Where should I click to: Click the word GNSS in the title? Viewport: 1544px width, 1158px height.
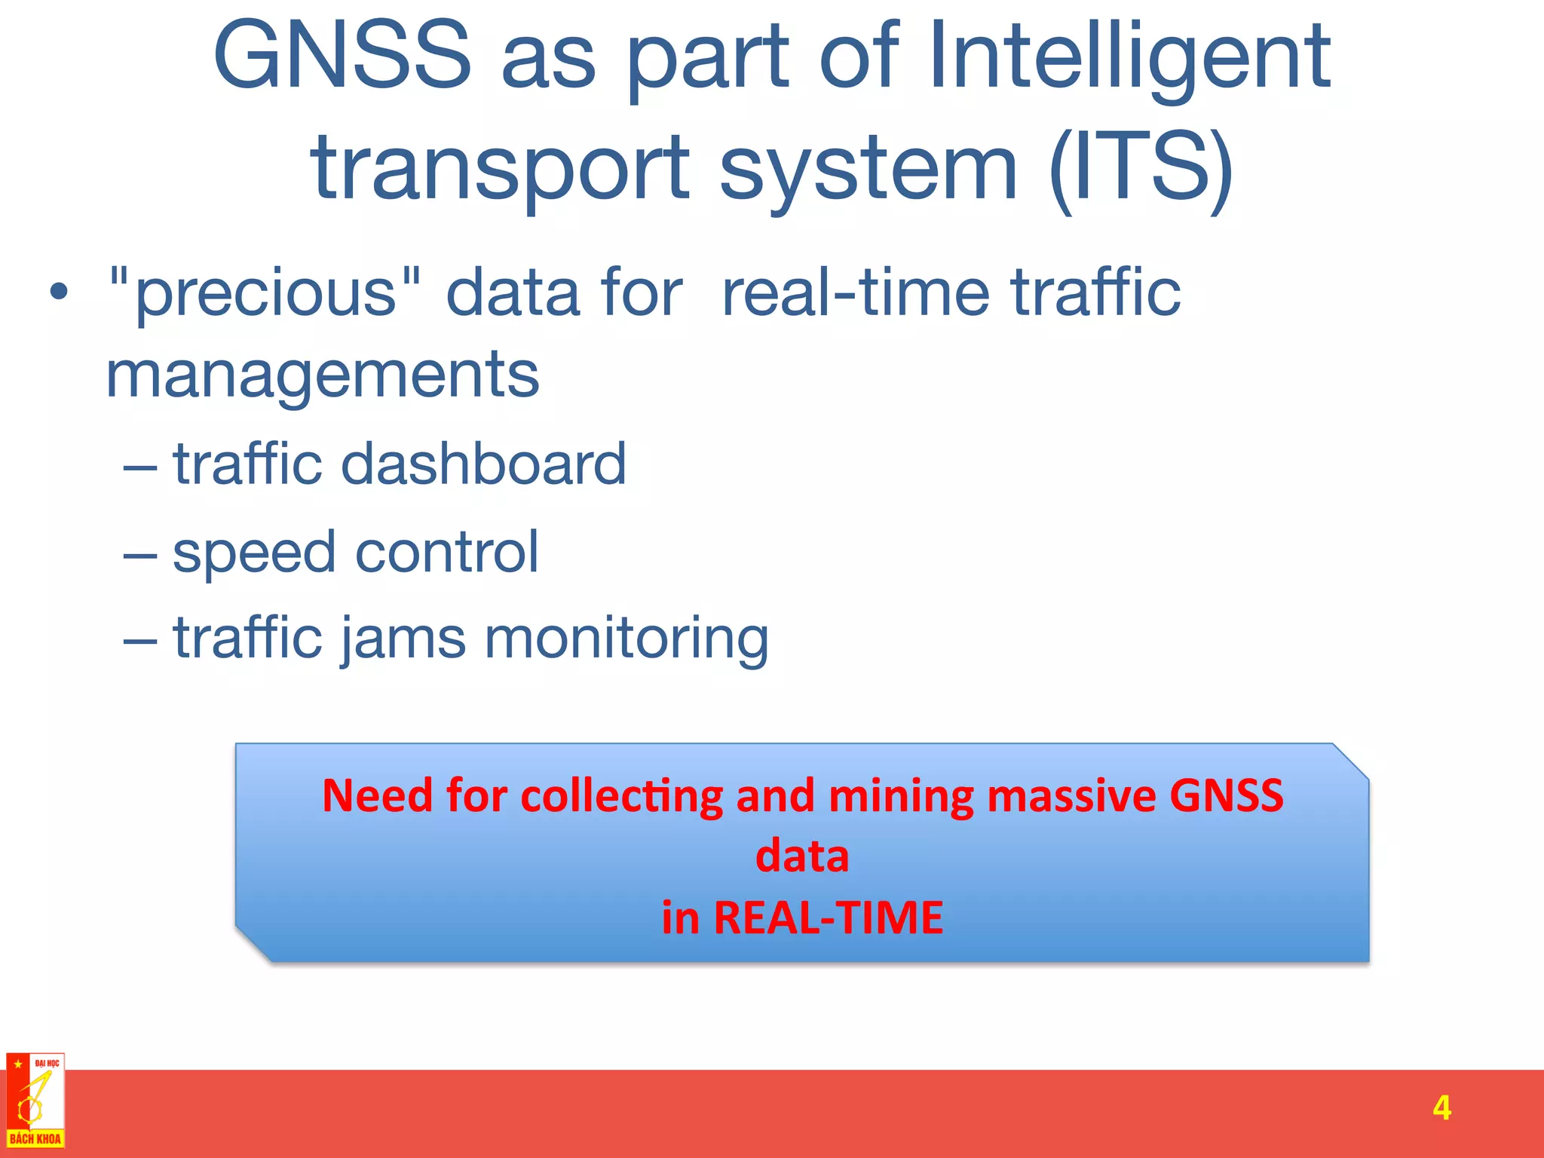click(x=342, y=56)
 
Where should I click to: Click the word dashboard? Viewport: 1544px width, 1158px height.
click(x=483, y=463)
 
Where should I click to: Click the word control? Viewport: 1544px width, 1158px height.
click(x=446, y=552)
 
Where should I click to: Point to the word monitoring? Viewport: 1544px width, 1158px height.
click(x=626, y=638)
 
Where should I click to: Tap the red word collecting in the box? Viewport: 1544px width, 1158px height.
click(x=621, y=795)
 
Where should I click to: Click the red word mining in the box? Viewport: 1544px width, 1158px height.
click(x=902, y=795)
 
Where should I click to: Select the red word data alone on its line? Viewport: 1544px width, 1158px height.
click(x=801, y=856)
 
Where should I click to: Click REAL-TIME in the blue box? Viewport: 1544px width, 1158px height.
click(x=828, y=918)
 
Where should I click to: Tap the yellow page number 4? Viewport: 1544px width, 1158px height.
click(x=1441, y=1108)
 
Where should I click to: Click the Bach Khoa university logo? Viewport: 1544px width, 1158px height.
click(x=35, y=1101)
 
